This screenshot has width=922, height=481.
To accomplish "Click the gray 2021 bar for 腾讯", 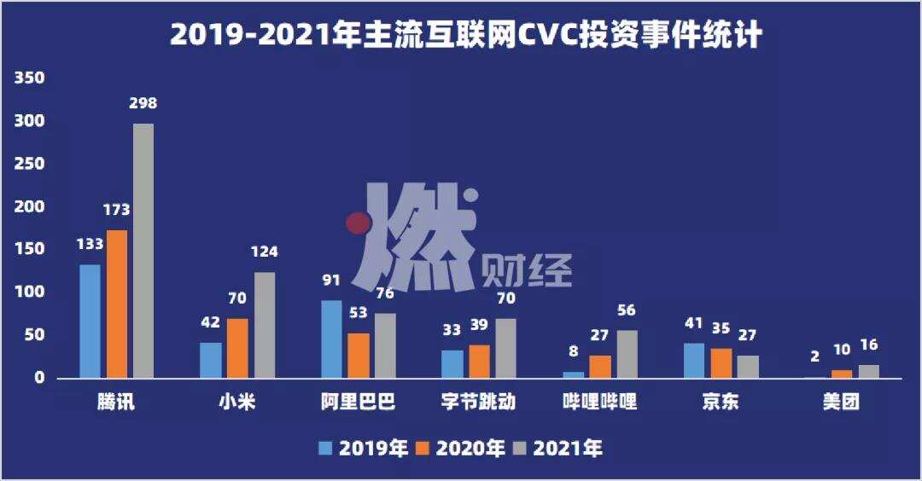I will click(143, 251).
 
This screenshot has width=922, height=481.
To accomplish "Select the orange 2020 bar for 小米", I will click(237, 348).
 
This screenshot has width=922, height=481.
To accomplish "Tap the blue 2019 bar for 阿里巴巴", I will click(331, 339).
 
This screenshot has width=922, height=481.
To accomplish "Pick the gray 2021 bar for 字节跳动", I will click(505, 349).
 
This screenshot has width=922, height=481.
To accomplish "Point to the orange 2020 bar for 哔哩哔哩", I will click(600, 367).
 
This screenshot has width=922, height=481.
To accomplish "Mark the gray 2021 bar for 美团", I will click(868, 372).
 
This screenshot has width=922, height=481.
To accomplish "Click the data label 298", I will click(143, 104).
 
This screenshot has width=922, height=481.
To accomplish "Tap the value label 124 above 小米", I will click(264, 252).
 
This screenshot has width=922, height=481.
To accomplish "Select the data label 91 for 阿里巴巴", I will click(331, 281).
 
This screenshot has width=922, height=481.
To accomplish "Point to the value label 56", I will click(627, 310).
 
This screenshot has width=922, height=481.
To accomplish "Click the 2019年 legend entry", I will click(363, 449).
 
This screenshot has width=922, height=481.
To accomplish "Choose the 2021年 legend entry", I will click(557, 449).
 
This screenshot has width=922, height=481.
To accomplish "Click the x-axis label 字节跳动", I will click(480, 403).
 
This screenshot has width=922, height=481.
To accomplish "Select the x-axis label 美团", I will click(841, 403).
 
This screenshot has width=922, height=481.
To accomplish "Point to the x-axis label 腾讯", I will click(116, 403).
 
